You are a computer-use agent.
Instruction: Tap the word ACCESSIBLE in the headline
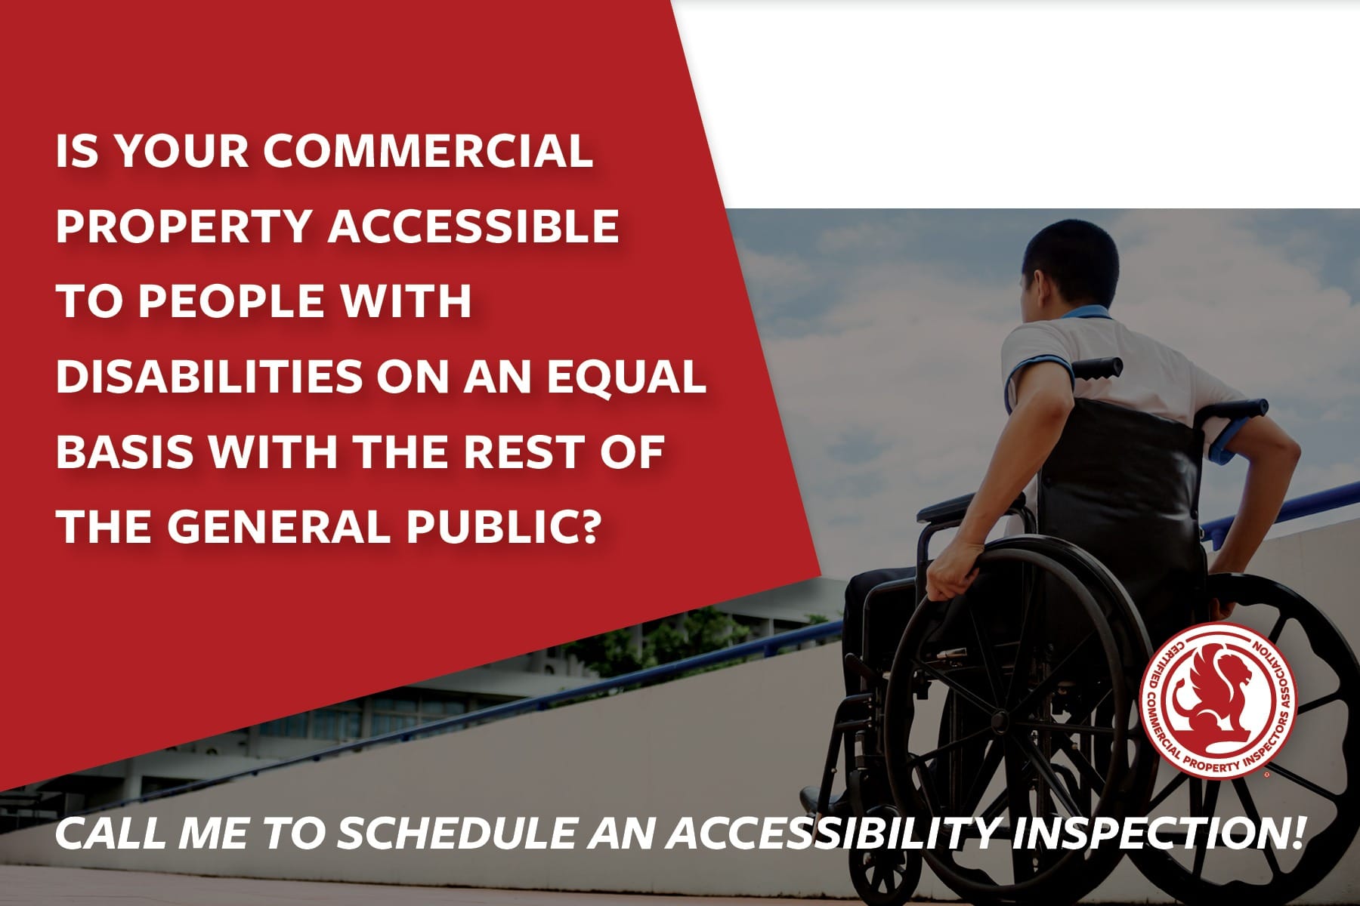click(x=473, y=224)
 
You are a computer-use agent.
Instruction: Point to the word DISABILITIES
click(x=209, y=375)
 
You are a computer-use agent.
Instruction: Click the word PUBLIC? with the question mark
click(x=505, y=526)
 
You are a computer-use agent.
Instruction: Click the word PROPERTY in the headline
click(x=182, y=224)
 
